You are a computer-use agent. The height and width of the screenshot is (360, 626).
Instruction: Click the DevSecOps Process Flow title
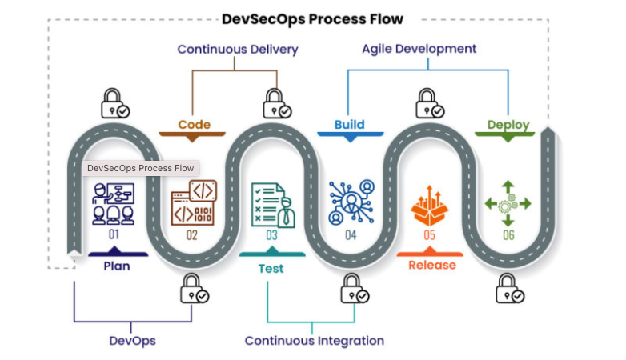(313, 18)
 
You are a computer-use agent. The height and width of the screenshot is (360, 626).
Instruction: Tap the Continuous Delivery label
(238, 50)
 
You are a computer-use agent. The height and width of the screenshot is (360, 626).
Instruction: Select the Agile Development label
(419, 49)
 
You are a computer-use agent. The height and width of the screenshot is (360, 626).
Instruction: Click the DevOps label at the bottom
(132, 340)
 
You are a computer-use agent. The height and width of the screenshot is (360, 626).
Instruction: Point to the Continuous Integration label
(315, 341)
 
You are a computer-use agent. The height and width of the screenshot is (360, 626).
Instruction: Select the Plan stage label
(116, 266)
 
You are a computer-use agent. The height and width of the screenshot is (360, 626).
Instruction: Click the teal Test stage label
(271, 268)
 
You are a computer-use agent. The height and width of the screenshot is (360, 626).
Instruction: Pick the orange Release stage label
(432, 265)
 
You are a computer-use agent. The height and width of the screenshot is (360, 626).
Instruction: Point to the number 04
(351, 235)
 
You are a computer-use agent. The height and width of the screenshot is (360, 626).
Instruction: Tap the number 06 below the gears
(508, 235)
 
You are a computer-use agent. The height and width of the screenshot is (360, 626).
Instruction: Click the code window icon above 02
(193, 204)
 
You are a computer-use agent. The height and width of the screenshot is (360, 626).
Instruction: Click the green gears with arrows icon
(508, 204)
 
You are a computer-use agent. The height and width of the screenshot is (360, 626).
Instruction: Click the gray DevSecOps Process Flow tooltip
(141, 168)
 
